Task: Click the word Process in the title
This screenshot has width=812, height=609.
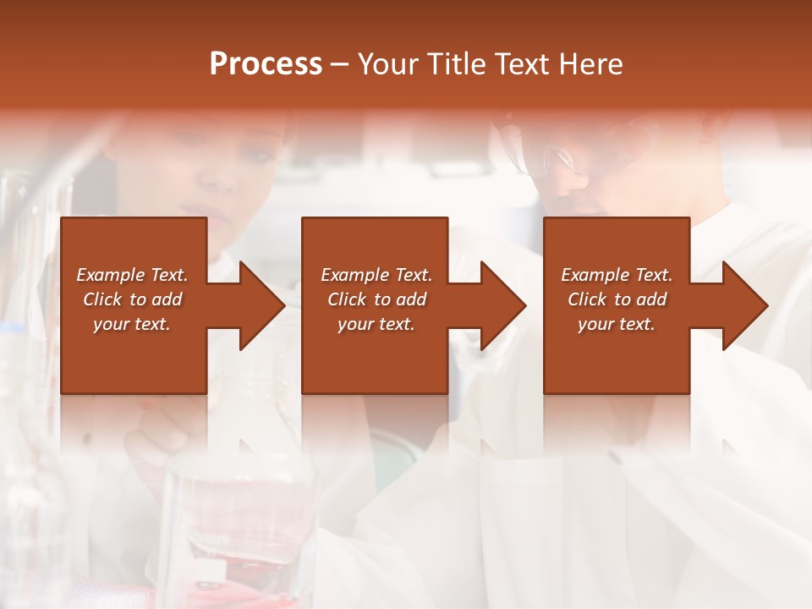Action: [266, 64]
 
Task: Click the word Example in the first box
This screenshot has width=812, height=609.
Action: [110, 275]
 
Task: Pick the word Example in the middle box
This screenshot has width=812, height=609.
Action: [354, 275]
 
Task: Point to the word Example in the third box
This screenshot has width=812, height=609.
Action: [595, 275]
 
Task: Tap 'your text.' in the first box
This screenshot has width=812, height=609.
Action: [132, 324]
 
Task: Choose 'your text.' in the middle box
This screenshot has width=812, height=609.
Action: [376, 324]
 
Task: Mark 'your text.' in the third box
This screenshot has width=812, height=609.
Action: [617, 324]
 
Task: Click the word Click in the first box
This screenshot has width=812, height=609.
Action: [102, 299]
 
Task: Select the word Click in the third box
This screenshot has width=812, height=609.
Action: [587, 299]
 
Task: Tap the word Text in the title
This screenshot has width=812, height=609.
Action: [520, 64]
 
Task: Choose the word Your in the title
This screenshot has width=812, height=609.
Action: [387, 64]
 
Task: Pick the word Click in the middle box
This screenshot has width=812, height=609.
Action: [347, 299]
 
